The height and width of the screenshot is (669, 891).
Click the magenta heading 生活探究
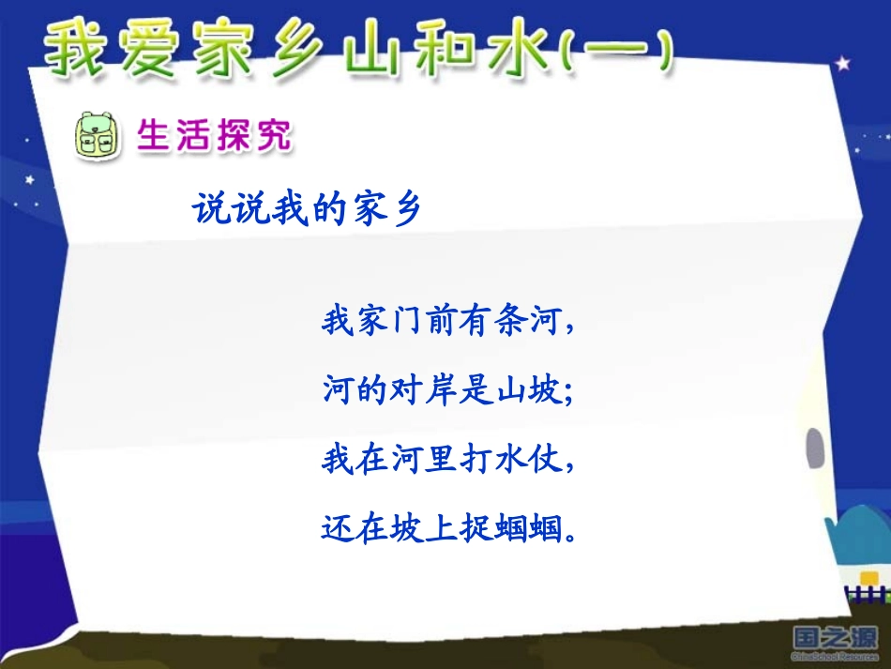tap(214, 137)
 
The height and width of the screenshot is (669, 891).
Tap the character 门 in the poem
tap(406, 323)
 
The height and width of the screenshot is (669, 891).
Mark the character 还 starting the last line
tap(337, 530)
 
